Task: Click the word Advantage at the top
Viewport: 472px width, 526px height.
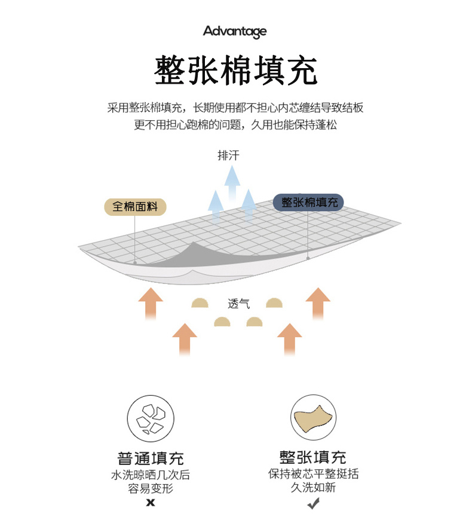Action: point(235,32)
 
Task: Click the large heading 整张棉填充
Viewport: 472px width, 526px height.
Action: point(235,71)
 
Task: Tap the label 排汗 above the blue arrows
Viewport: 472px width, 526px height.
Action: point(228,155)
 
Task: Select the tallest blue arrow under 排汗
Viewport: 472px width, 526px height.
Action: point(232,183)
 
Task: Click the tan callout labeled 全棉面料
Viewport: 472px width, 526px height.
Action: point(135,207)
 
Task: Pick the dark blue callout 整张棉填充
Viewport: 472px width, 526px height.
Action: point(308,202)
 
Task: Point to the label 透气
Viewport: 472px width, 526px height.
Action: point(238,304)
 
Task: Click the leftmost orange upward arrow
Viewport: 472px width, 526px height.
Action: point(151,304)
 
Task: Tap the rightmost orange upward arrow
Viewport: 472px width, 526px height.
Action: point(318,304)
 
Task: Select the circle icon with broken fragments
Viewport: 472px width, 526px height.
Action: point(151,418)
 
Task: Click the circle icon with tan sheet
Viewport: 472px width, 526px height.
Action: point(313,418)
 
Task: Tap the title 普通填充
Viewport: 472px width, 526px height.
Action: point(151,458)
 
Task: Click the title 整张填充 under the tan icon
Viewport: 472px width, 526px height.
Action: point(313,457)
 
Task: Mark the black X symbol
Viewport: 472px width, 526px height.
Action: point(151,503)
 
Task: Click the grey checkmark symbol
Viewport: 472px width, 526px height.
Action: point(314,503)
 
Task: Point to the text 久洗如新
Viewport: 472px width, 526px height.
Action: point(313,487)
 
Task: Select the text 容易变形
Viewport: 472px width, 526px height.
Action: point(151,489)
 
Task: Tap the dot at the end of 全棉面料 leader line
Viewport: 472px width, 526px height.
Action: point(135,262)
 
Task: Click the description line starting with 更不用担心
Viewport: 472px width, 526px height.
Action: point(235,125)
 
